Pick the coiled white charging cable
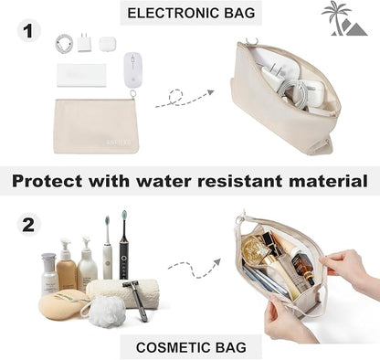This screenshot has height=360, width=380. [64, 42]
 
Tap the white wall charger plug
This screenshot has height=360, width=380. [85, 42]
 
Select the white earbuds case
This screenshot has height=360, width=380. [107, 44]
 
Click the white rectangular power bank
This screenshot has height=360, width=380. [81, 75]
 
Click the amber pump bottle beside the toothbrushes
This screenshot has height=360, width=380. [67, 267]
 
